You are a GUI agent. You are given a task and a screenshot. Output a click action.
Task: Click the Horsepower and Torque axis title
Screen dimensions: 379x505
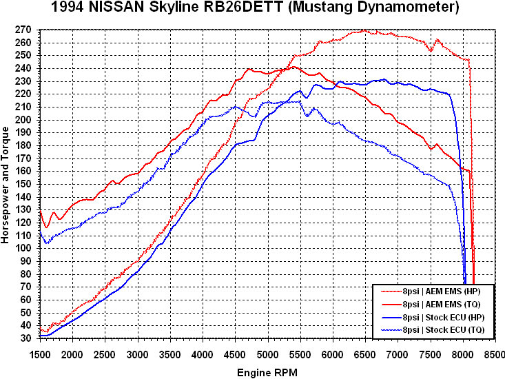coord(6,184)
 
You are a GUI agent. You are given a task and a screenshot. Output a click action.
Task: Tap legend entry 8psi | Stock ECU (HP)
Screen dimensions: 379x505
coord(437,318)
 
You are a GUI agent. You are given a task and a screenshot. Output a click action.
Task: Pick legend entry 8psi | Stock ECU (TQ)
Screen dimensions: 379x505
coord(437,331)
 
